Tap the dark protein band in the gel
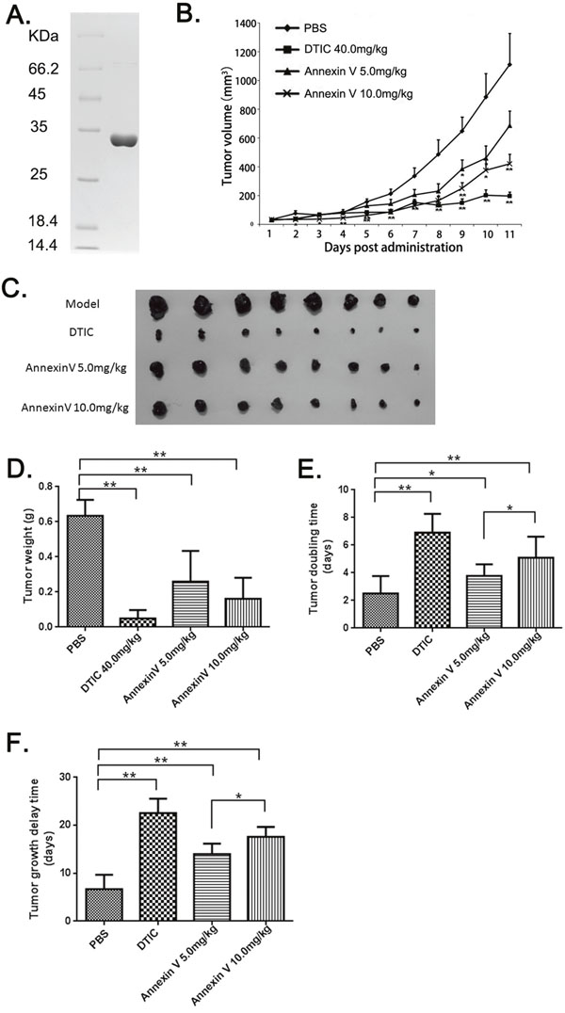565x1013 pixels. tap(123, 139)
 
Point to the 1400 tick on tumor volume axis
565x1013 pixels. tap(245, 24)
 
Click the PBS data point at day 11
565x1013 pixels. tap(509, 65)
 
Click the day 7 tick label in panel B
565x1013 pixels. tap(413, 234)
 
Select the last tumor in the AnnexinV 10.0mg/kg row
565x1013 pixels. tap(415, 403)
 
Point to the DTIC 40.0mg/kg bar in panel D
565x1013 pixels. tap(137, 621)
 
